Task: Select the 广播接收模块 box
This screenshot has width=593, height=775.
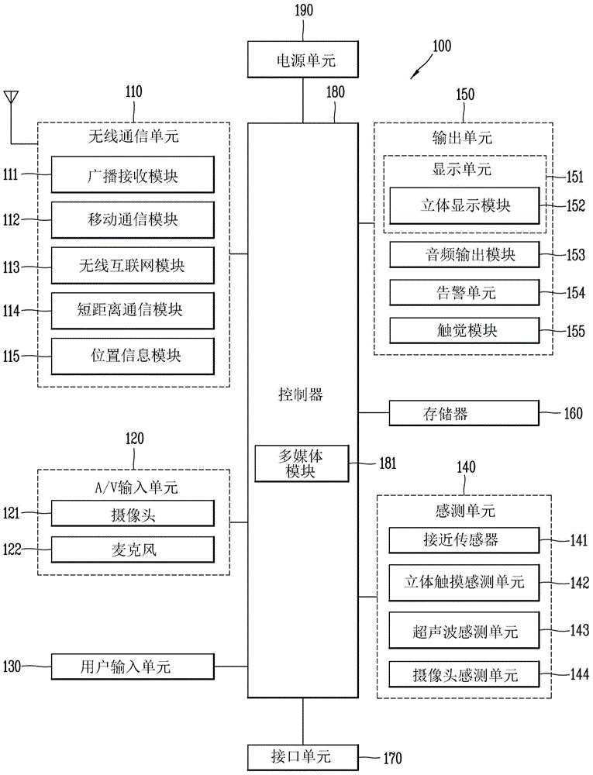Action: pos(133,174)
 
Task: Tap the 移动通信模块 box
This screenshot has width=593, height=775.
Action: pos(133,219)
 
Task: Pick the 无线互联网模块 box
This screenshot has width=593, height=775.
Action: pos(133,264)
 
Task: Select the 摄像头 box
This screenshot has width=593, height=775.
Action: pos(133,513)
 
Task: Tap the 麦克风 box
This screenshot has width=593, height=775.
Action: pos(133,549)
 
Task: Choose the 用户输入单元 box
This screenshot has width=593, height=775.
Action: pos(133,666)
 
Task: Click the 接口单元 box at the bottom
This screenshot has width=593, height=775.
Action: pos(302,756)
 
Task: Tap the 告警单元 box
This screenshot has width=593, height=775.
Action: pos(464,292)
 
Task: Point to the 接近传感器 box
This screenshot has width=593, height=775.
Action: pos(464,539)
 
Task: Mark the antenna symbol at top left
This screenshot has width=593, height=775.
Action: pos(11,99)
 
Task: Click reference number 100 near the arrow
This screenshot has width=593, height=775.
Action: pos(440,46)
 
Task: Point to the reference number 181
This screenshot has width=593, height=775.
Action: pos(387,463)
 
